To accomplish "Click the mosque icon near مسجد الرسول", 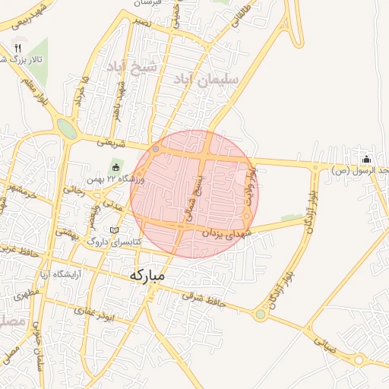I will (x=367, y=159).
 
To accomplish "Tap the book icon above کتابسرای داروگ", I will (x=114, y=229).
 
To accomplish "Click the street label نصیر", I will (x=141, y=23).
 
